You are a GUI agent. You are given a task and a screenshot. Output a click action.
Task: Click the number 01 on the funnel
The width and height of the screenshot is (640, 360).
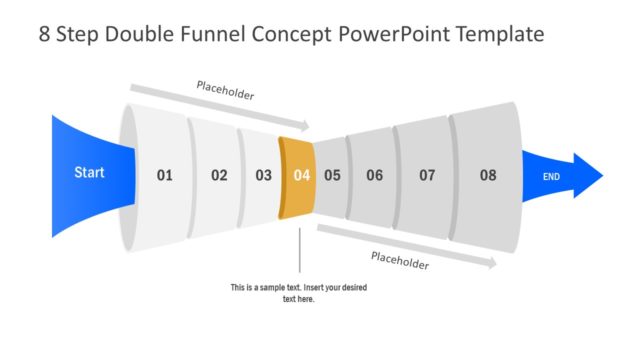point(164,176)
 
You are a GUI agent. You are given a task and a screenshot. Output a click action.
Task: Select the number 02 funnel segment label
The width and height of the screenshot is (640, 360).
point(219,176)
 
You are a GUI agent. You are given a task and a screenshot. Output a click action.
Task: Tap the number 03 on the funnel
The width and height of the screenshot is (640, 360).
point(263,176)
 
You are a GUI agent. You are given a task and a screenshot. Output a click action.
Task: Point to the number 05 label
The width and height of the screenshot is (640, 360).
point(332,176)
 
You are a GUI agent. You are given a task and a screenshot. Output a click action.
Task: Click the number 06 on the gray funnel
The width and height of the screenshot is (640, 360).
point(374,176)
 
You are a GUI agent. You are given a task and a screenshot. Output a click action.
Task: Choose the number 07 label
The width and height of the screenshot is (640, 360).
point(427,176)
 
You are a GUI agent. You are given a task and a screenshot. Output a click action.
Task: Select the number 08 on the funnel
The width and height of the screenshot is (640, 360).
point(487,176)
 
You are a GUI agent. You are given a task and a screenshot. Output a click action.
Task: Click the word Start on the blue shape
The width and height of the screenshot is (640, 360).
point(89,173)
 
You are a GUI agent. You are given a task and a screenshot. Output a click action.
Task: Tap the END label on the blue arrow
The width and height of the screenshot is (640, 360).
point(551,177)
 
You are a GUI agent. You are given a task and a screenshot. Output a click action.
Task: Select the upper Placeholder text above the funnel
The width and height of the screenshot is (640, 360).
point(224,94)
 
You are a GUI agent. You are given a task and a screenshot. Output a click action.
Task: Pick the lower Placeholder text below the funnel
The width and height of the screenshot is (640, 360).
point(400,260)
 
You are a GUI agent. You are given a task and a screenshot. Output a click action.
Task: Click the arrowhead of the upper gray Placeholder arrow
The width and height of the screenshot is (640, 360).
point(305,127)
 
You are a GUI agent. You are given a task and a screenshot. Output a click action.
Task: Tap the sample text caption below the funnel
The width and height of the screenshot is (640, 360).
point(299,293)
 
